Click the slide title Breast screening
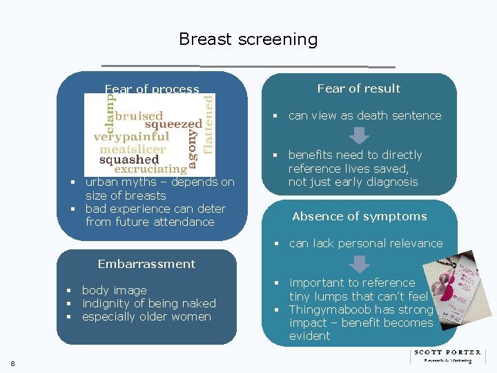[248, 39]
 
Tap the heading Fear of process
[152, 88]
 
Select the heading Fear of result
[358, 88]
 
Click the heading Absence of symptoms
[359, 216]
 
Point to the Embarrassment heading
[146, 264]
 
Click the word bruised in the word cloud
[139, 116]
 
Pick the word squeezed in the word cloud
[174, 125]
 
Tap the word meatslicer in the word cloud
[133, 149]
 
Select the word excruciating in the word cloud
[150, 169]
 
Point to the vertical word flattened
[208, 124]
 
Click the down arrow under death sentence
[359, 134]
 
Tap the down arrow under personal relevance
[359, 262]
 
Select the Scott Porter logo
[447, 356]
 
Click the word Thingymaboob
[327, 309]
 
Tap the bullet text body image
[114, 290]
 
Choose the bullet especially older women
[146, 316]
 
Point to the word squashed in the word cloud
[129, 160]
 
